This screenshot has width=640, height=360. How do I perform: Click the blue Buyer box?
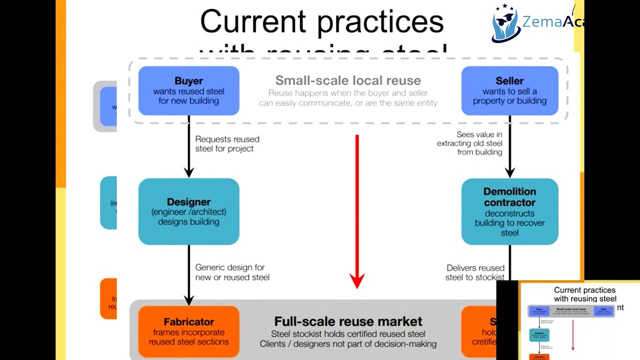coord(188,90)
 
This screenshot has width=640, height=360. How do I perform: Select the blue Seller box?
coord(509,90)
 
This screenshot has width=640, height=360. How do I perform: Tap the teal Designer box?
coord(188,211)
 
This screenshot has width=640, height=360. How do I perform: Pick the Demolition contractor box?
coord(509,211)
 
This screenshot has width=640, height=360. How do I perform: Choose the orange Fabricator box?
coord(188,331)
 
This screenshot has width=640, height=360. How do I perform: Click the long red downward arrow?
coord(357,210)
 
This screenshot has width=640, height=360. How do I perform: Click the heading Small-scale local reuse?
coord(348,80)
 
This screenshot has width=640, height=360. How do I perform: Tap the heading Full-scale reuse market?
coord(348,321)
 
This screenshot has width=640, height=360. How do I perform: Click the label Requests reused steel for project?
coord(227,144)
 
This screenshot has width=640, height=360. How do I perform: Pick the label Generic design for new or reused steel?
coord(232,272)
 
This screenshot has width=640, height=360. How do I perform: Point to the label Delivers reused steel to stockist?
coord(475,272)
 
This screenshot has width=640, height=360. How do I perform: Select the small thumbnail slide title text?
coord(584,294)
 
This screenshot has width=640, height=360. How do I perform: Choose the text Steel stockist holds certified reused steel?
coord(348,334)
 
